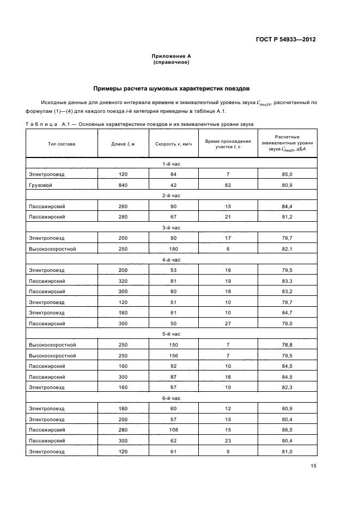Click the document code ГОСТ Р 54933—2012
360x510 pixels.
(285, 40)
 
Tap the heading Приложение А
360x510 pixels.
(171, 56)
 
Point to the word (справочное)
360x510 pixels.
(171, 62)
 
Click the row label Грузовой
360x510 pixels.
(39, 185)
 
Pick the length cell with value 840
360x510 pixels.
(123, 185)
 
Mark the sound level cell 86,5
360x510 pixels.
(287, 430)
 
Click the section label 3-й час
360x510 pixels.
(171, 228)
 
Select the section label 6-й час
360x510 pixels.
(171, 398)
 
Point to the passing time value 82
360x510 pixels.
(228, 185)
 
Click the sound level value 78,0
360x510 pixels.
(287, 324)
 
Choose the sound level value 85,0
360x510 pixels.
(287, 174)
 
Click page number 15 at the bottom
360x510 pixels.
(314, 466)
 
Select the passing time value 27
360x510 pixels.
(228, 324)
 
